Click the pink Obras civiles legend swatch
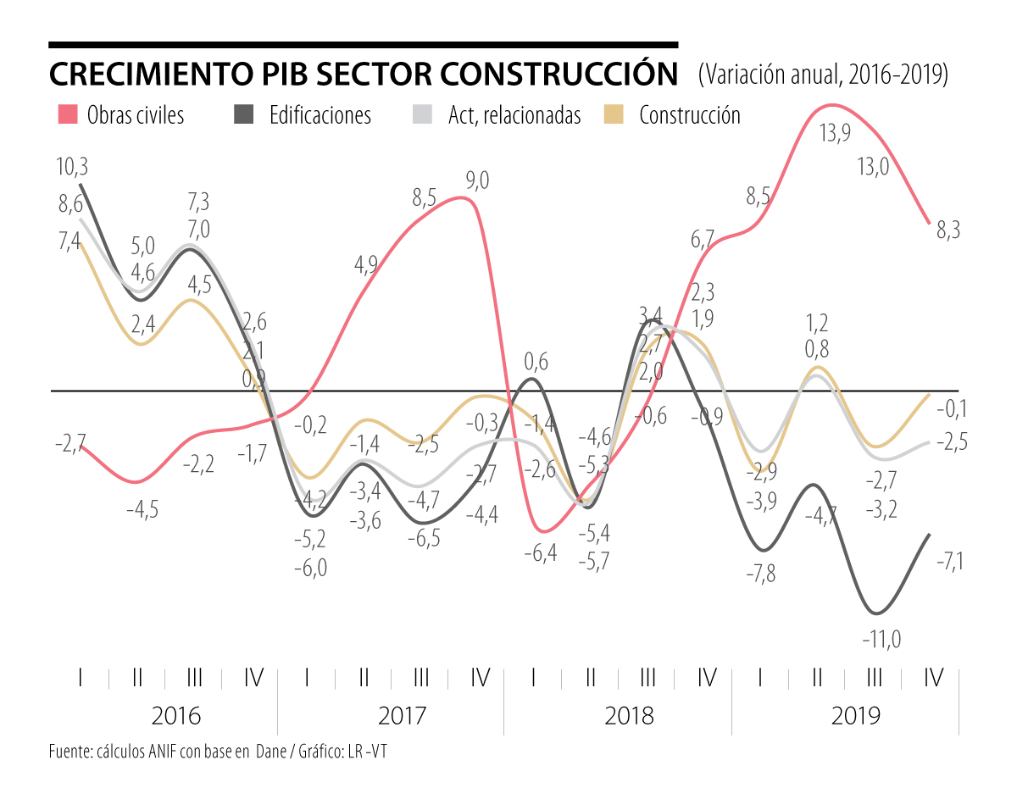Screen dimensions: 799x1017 tap(67, 114)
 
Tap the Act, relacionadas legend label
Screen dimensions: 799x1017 tap(514, 115)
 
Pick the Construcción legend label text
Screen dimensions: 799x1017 tap(689, 115)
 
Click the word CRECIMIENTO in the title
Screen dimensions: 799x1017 tap(151, 75)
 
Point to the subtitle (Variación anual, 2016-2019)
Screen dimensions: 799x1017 tap(821, 75)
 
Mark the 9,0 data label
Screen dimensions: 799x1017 tap(477, 180)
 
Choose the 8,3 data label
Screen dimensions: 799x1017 tap(948, 230)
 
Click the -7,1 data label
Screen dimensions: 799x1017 tap(948, 561)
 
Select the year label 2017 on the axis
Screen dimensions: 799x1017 tap(403, 716)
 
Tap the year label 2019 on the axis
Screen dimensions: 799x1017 tap(856, 716)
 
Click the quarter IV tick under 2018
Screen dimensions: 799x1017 tap(707, 678)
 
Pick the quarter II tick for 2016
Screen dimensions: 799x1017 tap(137, 678)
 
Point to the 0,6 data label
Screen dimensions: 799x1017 tap(536, 362)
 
